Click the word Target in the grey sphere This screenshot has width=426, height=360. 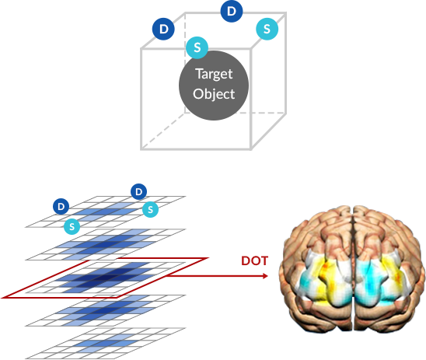(214, 74)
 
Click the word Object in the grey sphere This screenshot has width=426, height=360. (214, 94)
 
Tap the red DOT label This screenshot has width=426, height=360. (254, 260)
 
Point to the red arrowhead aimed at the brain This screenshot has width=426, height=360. (265, 276)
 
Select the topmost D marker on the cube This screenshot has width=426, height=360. (232, 11)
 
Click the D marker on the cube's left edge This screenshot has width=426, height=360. (163, 29)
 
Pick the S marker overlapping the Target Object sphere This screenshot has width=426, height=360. (197, 47)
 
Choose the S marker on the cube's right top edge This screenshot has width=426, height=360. (267, 29)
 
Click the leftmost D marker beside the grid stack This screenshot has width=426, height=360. (61, 207)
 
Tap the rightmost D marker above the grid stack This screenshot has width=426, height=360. (139, 191)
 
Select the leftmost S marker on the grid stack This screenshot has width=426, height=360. (72, 226)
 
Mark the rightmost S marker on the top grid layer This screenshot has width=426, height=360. (150, 209)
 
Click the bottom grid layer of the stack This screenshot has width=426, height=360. (106, 344)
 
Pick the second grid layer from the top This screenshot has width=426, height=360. (106, 244)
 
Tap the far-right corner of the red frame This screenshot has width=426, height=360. (208, 258)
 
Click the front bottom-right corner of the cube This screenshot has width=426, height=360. (250, 149)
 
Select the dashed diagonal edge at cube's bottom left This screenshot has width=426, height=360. (162, 131)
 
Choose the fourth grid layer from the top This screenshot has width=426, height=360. (106, 310)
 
